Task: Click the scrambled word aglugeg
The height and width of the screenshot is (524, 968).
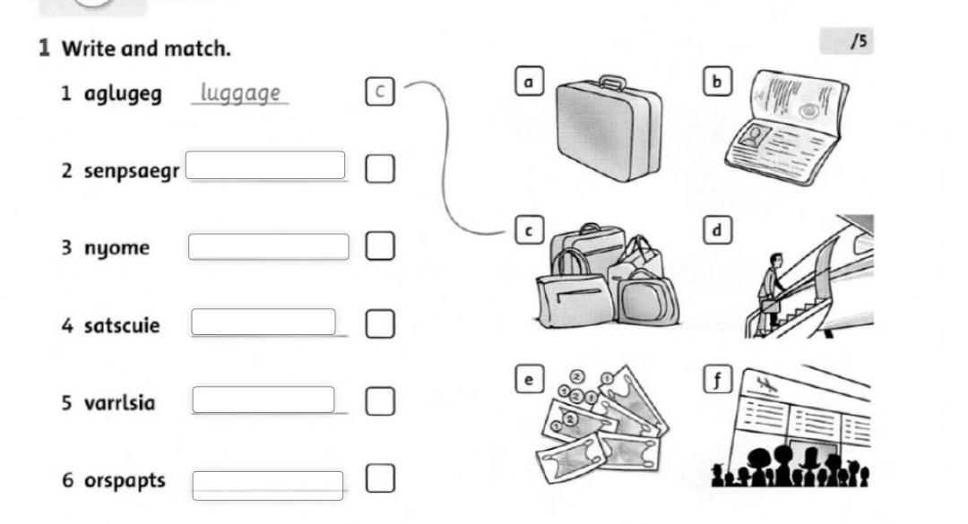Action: (x=123, y=94)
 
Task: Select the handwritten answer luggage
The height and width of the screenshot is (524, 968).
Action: (x=240, y=93)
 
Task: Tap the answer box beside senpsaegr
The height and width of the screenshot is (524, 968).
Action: (x=265, y=166)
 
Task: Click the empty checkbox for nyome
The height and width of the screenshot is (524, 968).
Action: (x=380, y=245)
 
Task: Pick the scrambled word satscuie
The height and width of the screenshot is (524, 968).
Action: (x=122, y=325)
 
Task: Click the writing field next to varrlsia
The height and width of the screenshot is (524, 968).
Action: (x=264, y=399)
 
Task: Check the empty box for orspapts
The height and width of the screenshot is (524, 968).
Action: (x=380, y=478)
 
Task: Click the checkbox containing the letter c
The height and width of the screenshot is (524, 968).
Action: (x=380, y=91)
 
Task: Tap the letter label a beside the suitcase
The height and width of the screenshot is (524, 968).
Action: (x=529, y=82)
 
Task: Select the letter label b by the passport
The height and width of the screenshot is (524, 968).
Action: (x=717, y=82)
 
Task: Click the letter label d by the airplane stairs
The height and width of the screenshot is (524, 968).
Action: (x=717, y=230)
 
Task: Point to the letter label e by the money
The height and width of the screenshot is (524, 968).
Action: (x=529, y=379)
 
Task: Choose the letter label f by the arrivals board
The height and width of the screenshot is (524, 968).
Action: (x=717, y=379)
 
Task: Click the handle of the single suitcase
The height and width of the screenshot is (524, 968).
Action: (x=612, y=82)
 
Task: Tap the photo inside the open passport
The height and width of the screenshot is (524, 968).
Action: (x=755, y=136)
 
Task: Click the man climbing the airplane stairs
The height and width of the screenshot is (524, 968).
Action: (x=771, y=289)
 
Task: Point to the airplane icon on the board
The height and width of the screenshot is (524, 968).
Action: (x=766, y=385)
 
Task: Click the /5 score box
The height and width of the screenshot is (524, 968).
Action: (x=846, y=41)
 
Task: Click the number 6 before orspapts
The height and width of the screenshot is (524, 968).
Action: (x=67, y=480)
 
